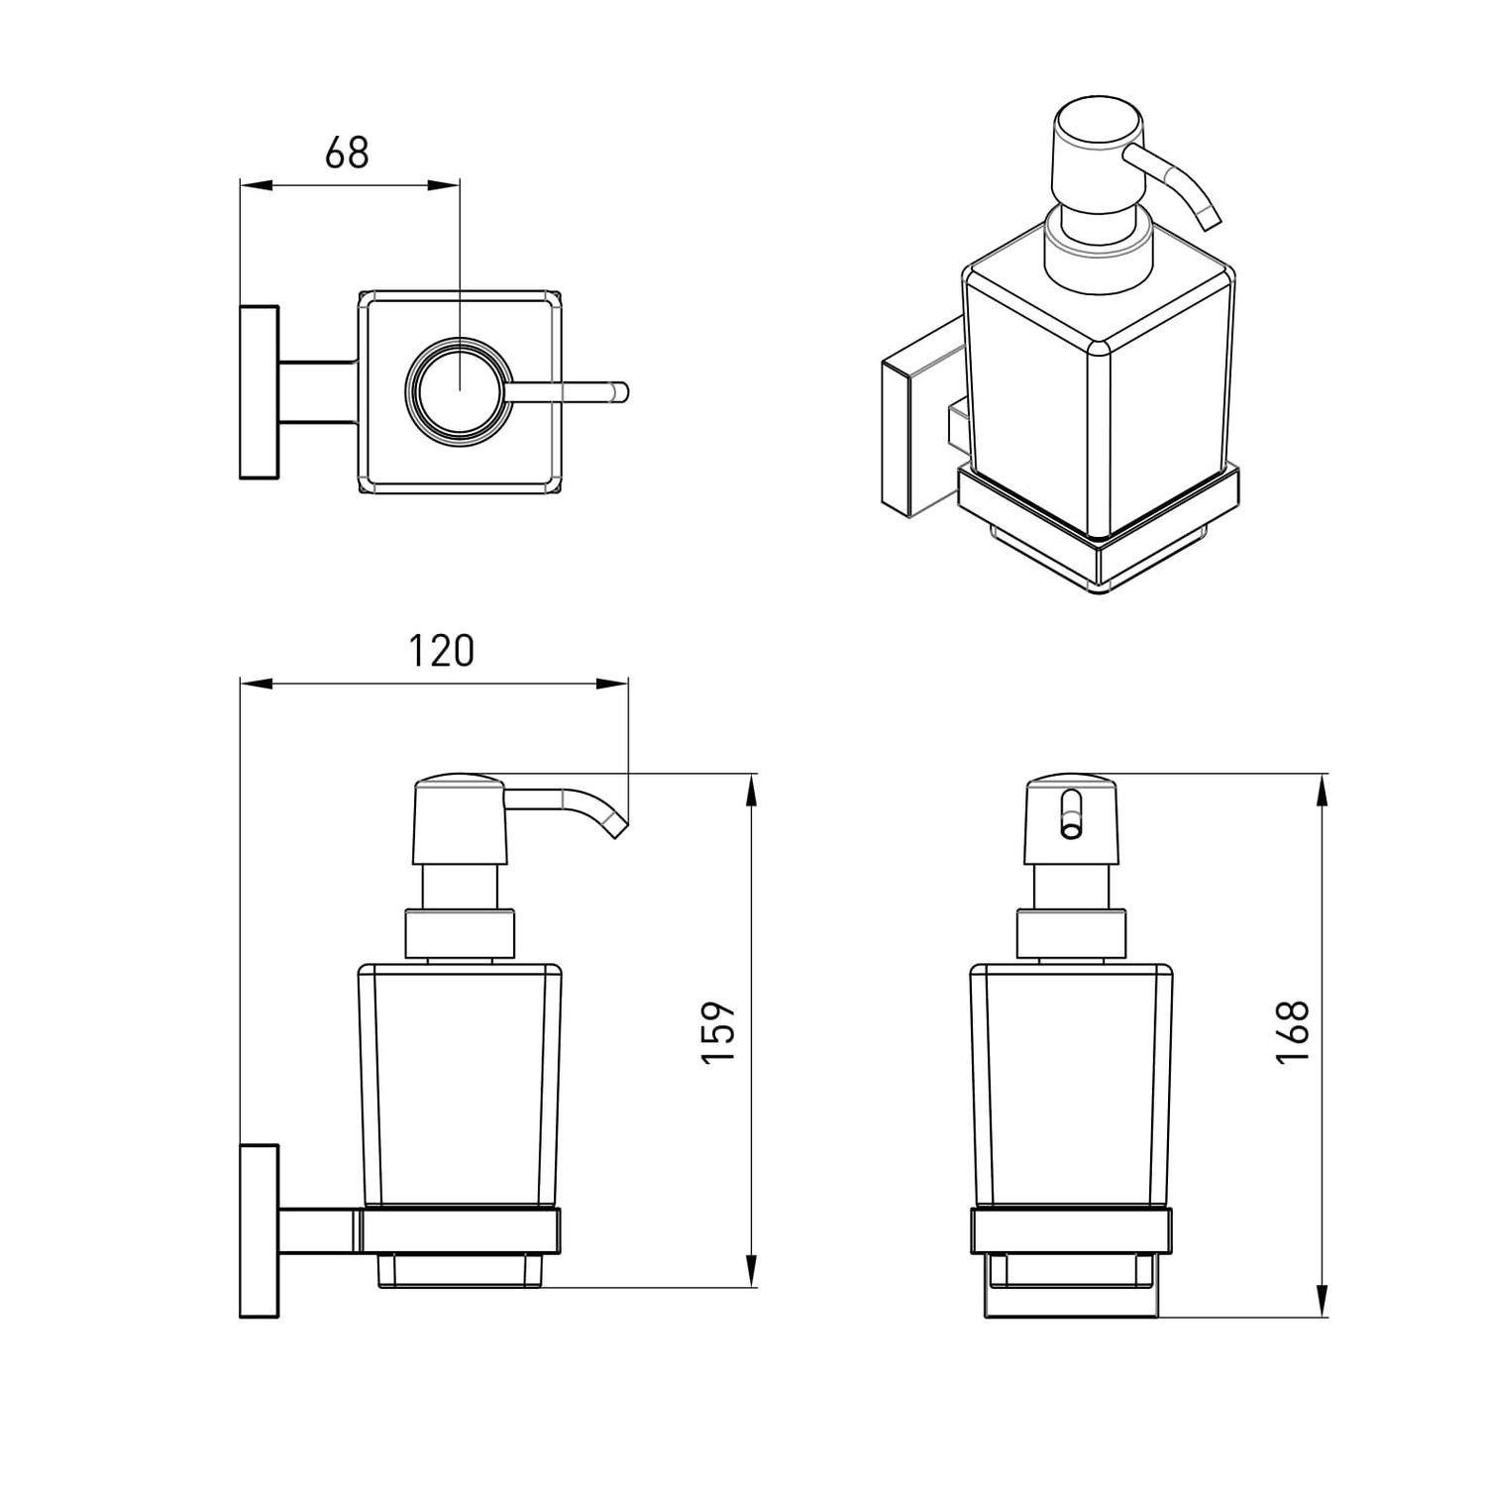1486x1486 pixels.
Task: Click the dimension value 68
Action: pyautogui.click(x=347, y=153)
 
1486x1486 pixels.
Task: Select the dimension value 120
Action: pyautogui.click(x=442, y=651)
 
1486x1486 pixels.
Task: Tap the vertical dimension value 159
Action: pyautogui.click(x=719, y=1033)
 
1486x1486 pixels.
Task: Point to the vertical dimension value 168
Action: pyautogui.click(x=1293, y=1032)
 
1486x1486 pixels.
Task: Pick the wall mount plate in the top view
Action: pyautogui.click(x=260, y=392)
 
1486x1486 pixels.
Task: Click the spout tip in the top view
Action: pyautogui.click(x=620, y=391)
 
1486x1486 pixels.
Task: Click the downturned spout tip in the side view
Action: pyautogui.click(x=616, y=825)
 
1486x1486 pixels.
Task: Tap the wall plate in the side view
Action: pyautogui.click(x=260, y=1230)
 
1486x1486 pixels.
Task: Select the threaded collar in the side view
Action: pyautogui.click(x=461, y=933)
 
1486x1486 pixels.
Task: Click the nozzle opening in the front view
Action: pyautogui.click(x=1070, y=813)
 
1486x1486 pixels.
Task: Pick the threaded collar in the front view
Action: pyautogui.click(x=1072, y=933)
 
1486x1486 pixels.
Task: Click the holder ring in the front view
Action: pyautogui.click(x=1071, y=1230)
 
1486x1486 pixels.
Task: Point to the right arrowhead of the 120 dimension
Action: pyautogui.click(x=611, y=683)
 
